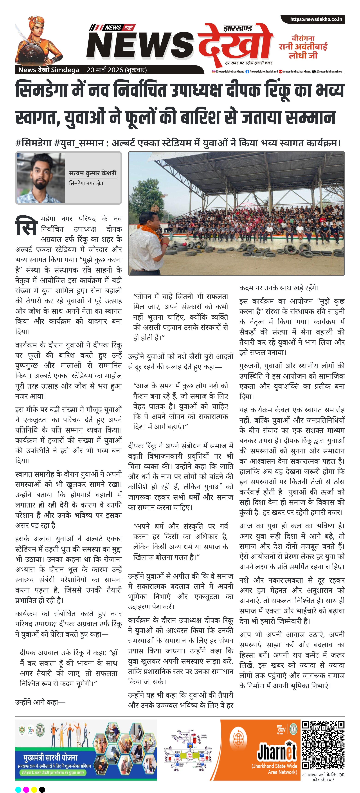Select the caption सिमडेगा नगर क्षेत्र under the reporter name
[86, 183]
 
